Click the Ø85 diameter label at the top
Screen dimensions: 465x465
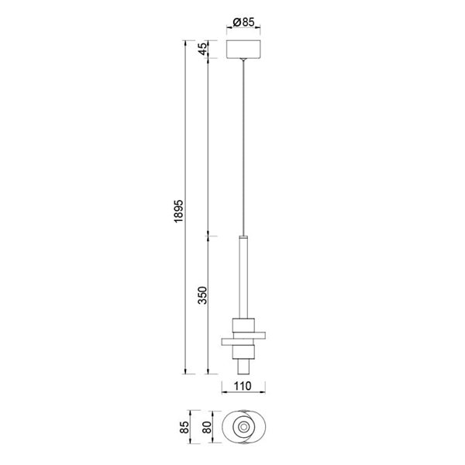pos(244,22)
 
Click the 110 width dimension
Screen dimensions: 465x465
pos(244,385)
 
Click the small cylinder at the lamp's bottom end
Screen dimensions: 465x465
pos(244,365)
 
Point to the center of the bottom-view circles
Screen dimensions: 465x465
pos(244,426)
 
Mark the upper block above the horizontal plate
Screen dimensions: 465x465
pos(244,324)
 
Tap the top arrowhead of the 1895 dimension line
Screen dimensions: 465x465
pos(186,40)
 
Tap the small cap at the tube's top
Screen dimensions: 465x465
pos(244,235)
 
